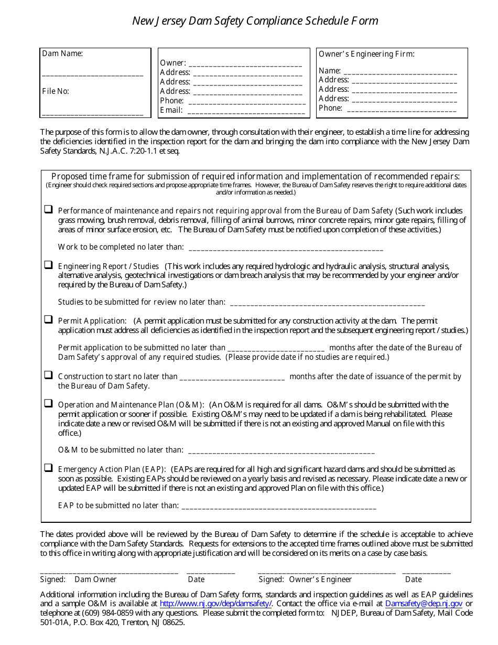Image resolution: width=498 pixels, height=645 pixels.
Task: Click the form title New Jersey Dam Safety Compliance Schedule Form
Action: click(x=255, y=21)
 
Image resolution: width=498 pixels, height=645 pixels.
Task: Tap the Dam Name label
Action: click(x=62, y=53)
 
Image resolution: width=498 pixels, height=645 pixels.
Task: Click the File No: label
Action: click(x=56, y=91)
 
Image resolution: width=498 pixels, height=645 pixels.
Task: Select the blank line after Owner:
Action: click(x=245, y=64)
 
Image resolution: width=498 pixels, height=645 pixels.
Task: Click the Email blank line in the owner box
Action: click(x=246, y=111)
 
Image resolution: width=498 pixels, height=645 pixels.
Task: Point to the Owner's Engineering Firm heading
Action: click(x=366, y=54)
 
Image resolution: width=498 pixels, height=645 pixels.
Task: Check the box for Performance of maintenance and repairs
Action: click(x=48, y=209)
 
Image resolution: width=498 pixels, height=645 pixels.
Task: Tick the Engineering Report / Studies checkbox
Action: click(x=48, y=265)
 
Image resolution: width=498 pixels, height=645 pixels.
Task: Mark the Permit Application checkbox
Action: click(x=48, y=319)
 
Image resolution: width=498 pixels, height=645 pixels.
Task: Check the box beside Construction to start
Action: click(x=48, y=375)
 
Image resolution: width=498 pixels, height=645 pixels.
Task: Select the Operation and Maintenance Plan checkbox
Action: click(x=48, y=403)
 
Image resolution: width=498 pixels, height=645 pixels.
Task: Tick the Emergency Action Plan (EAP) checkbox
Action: click(x=48, y=468)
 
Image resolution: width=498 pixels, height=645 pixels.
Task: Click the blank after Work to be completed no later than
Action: click(x=285, y=248)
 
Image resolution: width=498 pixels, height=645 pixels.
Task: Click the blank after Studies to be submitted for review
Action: click(x=327, y=303)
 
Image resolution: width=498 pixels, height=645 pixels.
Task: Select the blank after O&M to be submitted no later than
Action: click(x=281, y=451)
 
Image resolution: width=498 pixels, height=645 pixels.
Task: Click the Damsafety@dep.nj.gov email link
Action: click(x=424, y=604)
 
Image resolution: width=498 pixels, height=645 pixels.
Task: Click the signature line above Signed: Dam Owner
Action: click(x=109, y=573)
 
